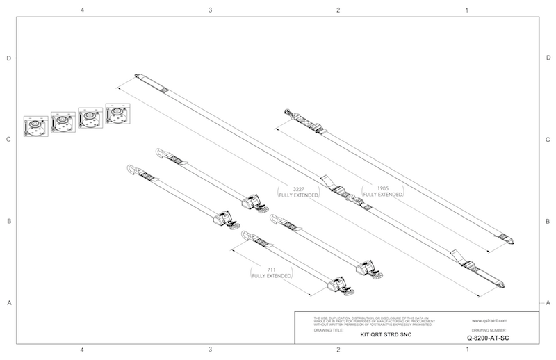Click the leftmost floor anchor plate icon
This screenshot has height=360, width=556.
(x=34, y=126)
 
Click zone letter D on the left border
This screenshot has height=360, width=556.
(x=9, y=58)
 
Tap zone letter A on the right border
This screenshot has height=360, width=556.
(x=549, y=303)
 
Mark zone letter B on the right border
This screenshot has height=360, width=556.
(x=549, y=222)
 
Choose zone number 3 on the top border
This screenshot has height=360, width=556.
(x=210, y=10)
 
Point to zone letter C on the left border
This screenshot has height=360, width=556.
(x=9, y=140)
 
